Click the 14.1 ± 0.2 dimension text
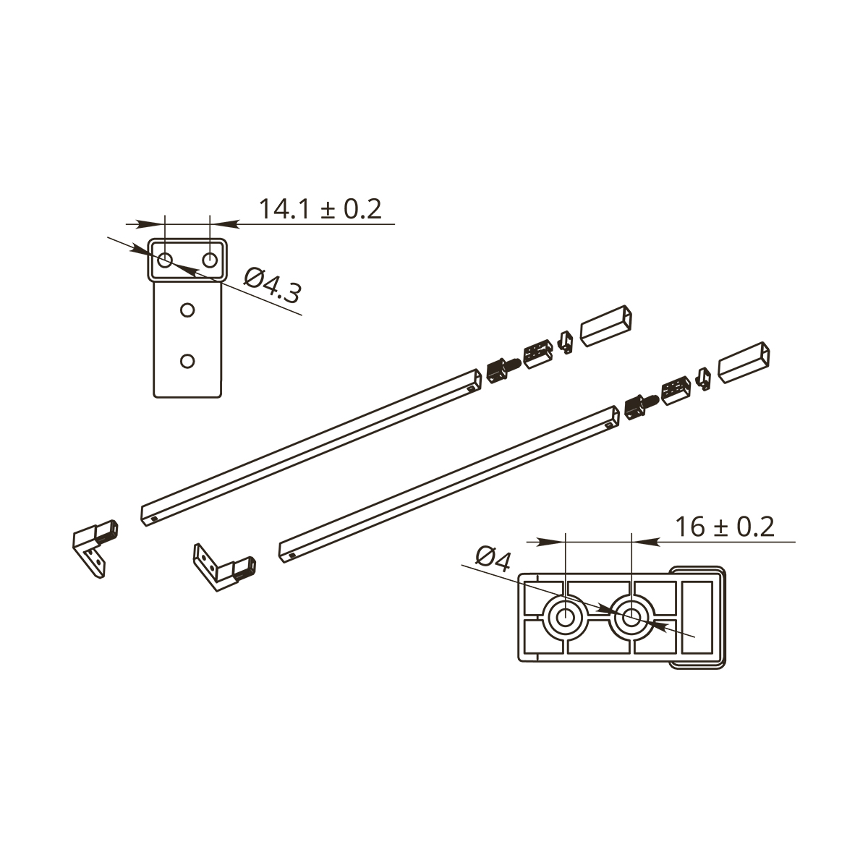320,209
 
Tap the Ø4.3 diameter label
272,286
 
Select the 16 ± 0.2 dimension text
725,527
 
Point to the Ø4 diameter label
493,558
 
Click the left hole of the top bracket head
164,260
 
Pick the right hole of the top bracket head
210,260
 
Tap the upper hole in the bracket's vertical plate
187,310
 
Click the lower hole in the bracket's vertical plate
187,361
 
